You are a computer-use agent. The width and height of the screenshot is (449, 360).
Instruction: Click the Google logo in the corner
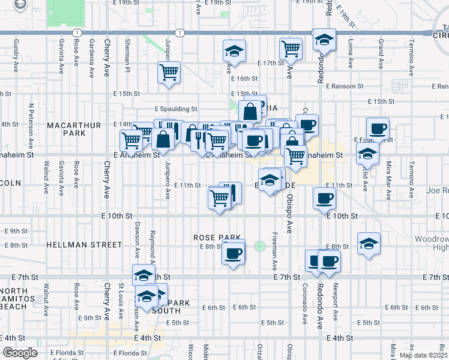(20, 353)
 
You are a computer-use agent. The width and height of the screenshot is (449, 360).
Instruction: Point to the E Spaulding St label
(176, 109)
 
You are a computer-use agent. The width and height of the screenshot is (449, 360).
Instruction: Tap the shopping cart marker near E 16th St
(169, 73)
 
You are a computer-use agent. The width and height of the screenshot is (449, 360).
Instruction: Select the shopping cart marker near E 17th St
(291, 49)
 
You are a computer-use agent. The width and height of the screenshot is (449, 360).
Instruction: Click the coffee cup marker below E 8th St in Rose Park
(233, 252)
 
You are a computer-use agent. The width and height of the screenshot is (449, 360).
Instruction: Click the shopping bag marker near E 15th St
(250, 111)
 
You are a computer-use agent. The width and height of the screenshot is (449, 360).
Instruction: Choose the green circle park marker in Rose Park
(259, 246)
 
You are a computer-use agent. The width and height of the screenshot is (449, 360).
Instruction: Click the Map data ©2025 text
(423, 355)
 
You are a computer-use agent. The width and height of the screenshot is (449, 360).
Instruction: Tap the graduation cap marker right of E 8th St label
(368, 243)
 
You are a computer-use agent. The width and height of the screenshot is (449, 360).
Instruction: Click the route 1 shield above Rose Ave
(76, 32)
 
